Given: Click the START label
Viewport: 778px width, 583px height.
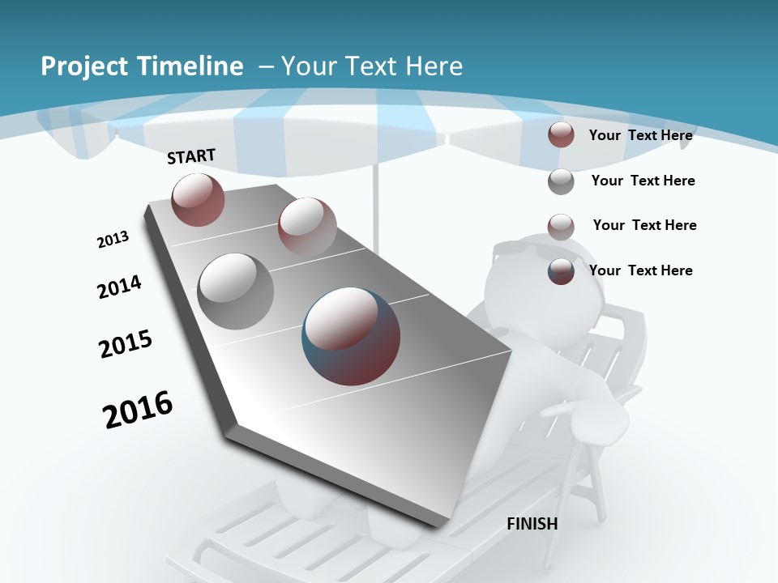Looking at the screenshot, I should click(191, 156).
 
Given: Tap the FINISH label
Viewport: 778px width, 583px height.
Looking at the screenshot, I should click(532, 523).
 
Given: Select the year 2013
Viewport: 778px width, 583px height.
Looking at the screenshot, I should click(113, 240).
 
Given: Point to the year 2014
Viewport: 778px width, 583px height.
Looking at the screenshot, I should click(119, 287).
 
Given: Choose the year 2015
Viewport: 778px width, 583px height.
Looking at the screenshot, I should click(125, 343).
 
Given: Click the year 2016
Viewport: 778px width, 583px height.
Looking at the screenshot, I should click(138, 409).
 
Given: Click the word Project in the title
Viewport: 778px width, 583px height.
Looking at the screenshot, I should click(80, 66).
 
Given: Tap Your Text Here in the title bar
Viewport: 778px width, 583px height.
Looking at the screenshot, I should click(371, 66).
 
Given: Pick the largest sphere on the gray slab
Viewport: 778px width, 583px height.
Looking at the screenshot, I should click(351, 336).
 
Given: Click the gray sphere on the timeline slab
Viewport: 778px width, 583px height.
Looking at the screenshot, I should click(235, 291).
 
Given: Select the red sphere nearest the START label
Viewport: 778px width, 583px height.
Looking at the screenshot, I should click(198, 199).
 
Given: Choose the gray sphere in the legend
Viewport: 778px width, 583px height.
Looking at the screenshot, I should click(561, 181).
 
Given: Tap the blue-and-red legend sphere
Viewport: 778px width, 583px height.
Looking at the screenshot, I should click(561, 271).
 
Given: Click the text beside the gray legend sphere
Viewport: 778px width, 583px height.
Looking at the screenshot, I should click(643, 181).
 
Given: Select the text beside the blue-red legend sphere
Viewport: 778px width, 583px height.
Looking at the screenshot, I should click(640, 270).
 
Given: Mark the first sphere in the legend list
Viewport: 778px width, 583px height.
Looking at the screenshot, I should click(561, 134).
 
